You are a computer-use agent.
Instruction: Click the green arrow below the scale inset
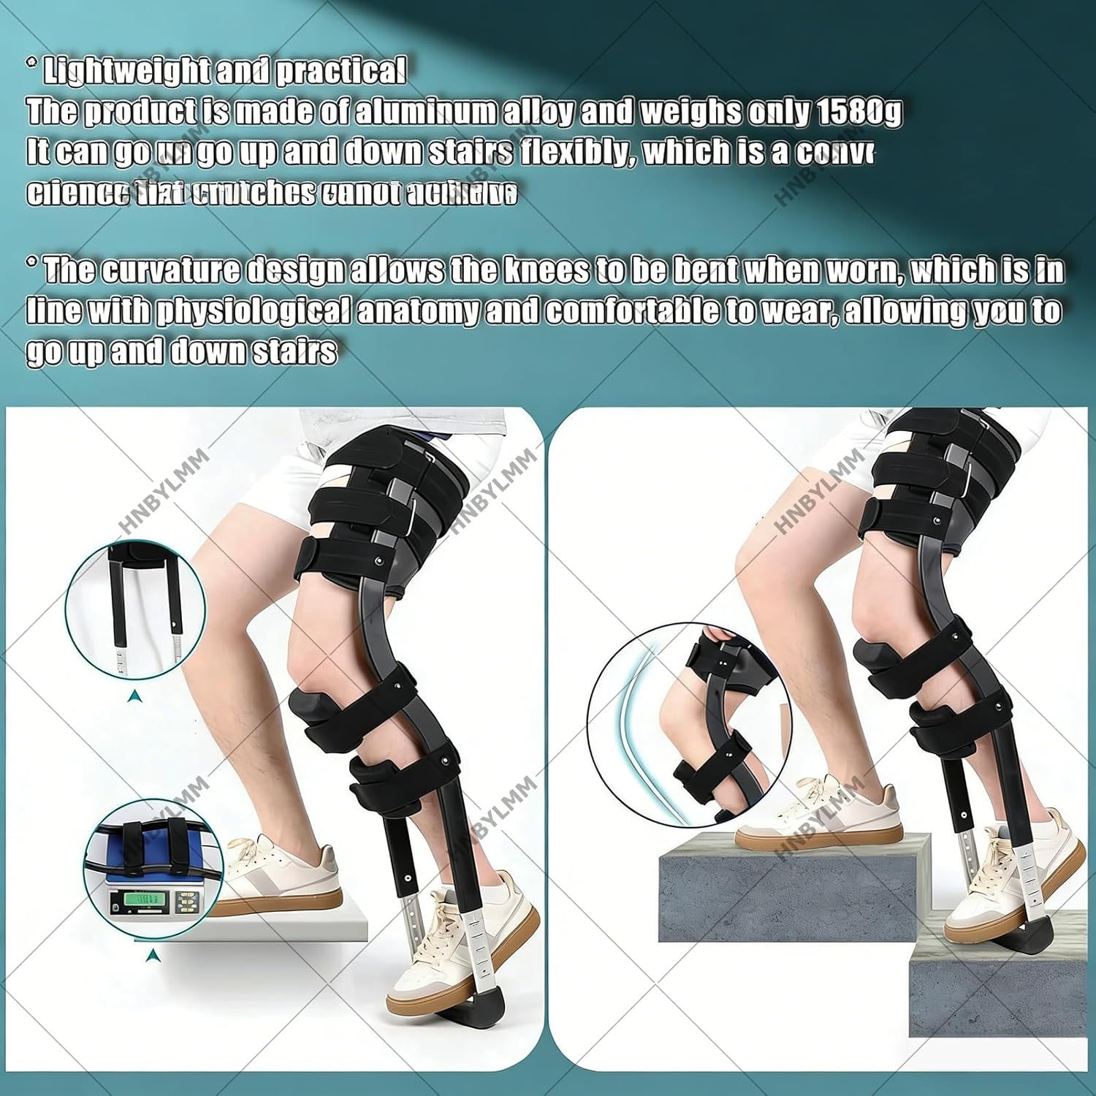pyautogui.click(x=152, y=954)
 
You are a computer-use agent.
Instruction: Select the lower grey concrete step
pyautogui.click(x=1001, y=994)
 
